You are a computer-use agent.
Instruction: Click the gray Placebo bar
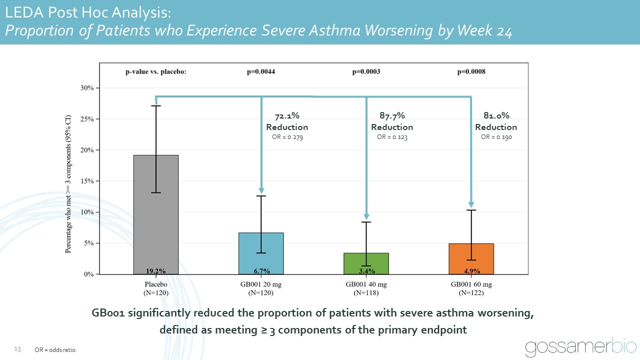coord(155,215)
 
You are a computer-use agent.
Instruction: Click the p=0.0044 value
coord(261,71)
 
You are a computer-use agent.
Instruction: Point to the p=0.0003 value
coord(366,71)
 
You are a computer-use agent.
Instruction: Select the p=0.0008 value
coord(471,71)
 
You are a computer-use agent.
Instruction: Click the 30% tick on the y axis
coord(87,88)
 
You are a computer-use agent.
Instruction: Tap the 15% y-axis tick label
coord(87,181)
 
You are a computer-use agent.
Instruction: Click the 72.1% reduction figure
coord(287,116)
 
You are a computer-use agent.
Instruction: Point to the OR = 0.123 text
coord(392,137)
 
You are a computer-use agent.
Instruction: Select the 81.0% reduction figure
coord(496,116)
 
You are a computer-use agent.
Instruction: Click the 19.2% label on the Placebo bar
coord(155,271)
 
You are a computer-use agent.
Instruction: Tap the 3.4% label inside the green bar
coord(366,271)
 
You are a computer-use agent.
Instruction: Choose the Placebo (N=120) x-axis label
coord(155,288)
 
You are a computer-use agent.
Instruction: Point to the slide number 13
coord(17,348)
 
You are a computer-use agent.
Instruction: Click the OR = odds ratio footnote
coord(56,350)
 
